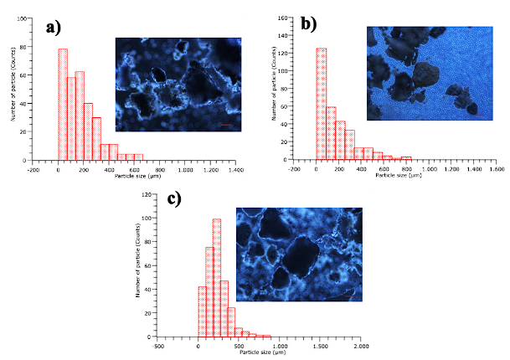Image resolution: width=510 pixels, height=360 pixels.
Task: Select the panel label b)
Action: pos(309,24)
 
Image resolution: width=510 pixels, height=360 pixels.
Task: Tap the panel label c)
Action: pos(174,199)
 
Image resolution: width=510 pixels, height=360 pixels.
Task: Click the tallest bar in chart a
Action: pos(62,104)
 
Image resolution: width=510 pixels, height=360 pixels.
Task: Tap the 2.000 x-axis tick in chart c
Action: pos(361,343)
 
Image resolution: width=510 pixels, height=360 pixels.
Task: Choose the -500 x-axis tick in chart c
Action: pos(157,343)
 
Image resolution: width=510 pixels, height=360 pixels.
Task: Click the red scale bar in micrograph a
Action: pos(224,125)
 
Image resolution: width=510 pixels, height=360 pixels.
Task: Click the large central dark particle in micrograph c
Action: pos(302,260)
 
